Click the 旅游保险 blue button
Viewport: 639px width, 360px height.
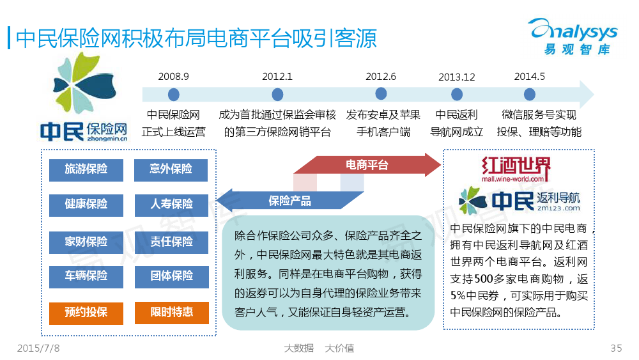[86, 170]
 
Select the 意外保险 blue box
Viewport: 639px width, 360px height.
[171, 170]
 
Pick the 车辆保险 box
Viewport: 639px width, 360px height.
[86, 277]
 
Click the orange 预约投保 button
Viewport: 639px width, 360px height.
[86, 313]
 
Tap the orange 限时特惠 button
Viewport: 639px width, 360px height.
[171, 313]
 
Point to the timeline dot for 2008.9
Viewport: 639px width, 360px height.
[174, 95]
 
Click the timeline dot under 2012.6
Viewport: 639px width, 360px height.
[381, 94]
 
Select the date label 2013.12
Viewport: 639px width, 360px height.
[457, 77]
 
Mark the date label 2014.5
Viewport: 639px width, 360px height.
[529, 77]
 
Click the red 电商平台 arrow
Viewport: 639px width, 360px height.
[367, 165]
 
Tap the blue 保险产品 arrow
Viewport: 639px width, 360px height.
[289, 201]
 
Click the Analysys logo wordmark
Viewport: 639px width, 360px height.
[573, 29]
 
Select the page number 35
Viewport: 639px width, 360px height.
[616, 348]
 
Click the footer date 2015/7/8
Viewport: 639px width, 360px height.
[38, 348]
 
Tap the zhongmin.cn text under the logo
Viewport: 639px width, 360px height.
[107, 139]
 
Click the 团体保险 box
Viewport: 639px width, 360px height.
[171, 277]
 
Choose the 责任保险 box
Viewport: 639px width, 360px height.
[171, 242]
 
